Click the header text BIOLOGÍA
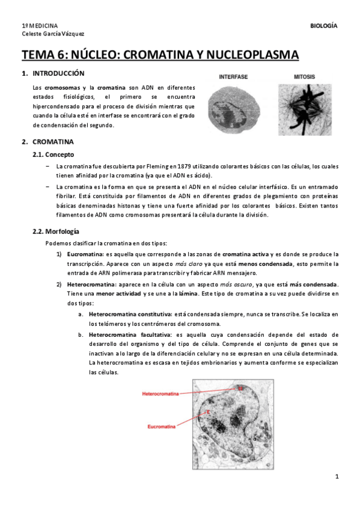pos(323,26)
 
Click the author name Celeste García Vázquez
pos(53,34)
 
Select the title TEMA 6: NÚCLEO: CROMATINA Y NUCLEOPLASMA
pos(160,55)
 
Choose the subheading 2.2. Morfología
pos(56,232)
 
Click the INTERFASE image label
pos(233,77)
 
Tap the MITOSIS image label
pos(304,77)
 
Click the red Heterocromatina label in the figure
pos(160,393)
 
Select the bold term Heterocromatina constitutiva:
pos(129,315)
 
